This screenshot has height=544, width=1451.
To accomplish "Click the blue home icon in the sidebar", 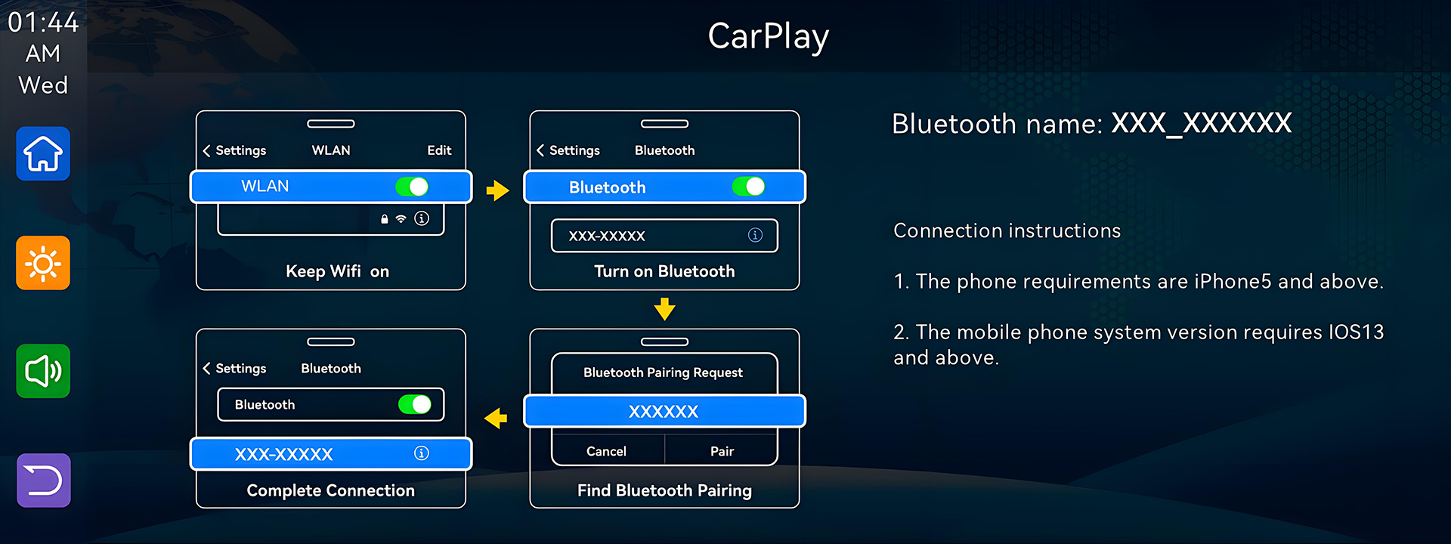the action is [43, 154].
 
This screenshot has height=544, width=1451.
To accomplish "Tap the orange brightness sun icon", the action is [43, 263].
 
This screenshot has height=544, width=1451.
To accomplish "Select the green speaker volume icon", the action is [43, 371].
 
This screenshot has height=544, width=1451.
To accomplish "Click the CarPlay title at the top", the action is [768, 37].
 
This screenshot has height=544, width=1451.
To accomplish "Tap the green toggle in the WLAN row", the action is [412, 187].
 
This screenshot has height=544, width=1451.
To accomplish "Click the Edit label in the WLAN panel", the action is [439, 150].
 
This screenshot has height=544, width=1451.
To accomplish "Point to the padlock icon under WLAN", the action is [384, 219].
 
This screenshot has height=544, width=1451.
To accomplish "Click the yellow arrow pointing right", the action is [497, 190].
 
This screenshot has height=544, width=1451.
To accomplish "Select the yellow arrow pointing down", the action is [664, 309].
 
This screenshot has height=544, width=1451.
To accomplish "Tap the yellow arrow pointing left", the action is [496, 418].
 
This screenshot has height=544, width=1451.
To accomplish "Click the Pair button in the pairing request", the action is [722, 451].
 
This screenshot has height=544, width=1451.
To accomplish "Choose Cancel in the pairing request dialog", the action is [606, 451].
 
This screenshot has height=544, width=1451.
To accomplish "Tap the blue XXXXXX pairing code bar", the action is [664, 411].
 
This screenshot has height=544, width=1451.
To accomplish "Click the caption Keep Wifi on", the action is [337, 271].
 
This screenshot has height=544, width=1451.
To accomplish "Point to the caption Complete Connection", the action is [330, 490].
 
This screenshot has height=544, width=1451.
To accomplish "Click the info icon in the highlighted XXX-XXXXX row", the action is [422, 453].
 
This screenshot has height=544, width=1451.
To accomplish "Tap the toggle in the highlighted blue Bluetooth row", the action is [749, 187].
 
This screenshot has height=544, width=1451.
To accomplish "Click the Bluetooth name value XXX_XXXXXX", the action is [1201, 123].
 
